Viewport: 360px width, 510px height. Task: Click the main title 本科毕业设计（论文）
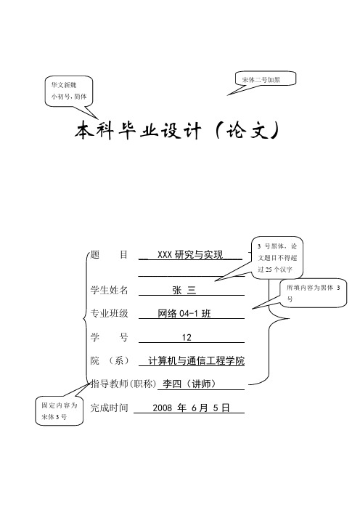point(177,131)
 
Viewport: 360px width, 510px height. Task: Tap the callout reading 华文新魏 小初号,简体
point(69,91)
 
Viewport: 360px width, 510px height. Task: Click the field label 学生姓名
point(109,290)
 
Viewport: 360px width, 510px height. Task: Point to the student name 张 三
point(184,290)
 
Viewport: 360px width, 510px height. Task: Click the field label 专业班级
point(109,313)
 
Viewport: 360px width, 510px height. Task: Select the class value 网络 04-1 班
point(184,314)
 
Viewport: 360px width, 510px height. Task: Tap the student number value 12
point(187,337)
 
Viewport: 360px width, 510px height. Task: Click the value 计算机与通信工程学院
point(196,361)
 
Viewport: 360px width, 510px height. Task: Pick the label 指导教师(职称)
point(123,384)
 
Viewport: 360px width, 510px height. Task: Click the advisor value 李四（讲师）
point(189,384)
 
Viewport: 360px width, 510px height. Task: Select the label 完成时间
point(109,408)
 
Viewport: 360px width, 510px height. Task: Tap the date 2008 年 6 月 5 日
point(191,408)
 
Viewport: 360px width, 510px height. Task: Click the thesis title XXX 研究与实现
point(190,254)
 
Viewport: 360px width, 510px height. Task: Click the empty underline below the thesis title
point(192,276)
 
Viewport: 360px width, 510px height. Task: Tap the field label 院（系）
point(109,361)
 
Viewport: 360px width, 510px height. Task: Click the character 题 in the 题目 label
point(94,254)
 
